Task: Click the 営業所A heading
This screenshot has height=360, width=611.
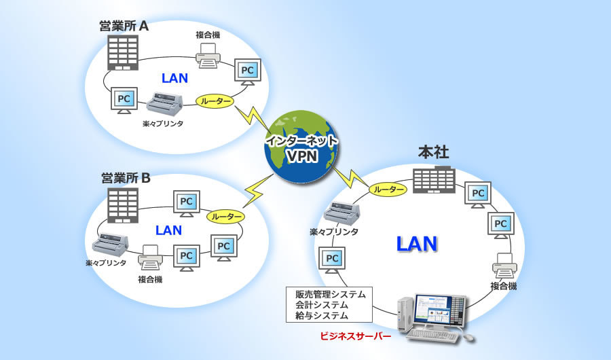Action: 125,26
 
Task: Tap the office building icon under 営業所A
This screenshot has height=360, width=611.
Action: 123,54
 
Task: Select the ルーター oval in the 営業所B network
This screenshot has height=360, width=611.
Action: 226,216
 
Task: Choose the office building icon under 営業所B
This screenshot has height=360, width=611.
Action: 123,206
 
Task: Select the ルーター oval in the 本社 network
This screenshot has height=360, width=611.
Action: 388,191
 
